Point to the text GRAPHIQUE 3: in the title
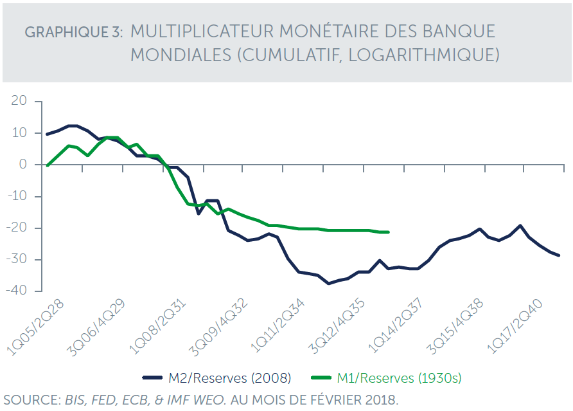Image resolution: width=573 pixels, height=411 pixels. point(74,33)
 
